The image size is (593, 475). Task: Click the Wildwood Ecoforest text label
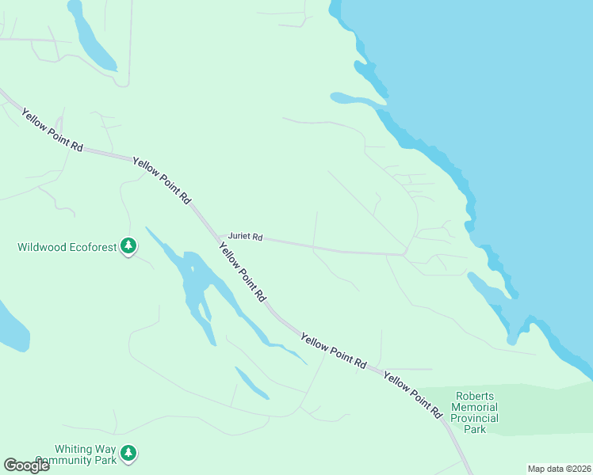[67, 247]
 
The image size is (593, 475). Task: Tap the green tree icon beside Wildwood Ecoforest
[128, 246]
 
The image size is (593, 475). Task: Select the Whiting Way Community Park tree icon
[128, 454]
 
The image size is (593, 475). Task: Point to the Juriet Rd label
[245, 237]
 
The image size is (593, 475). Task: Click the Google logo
[26, 465]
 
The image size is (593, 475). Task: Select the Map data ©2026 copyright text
[559, 469]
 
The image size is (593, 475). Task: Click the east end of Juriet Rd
[404, 255]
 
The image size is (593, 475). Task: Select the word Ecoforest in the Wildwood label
[91, 247]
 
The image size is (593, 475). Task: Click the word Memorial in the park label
[474, 407]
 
